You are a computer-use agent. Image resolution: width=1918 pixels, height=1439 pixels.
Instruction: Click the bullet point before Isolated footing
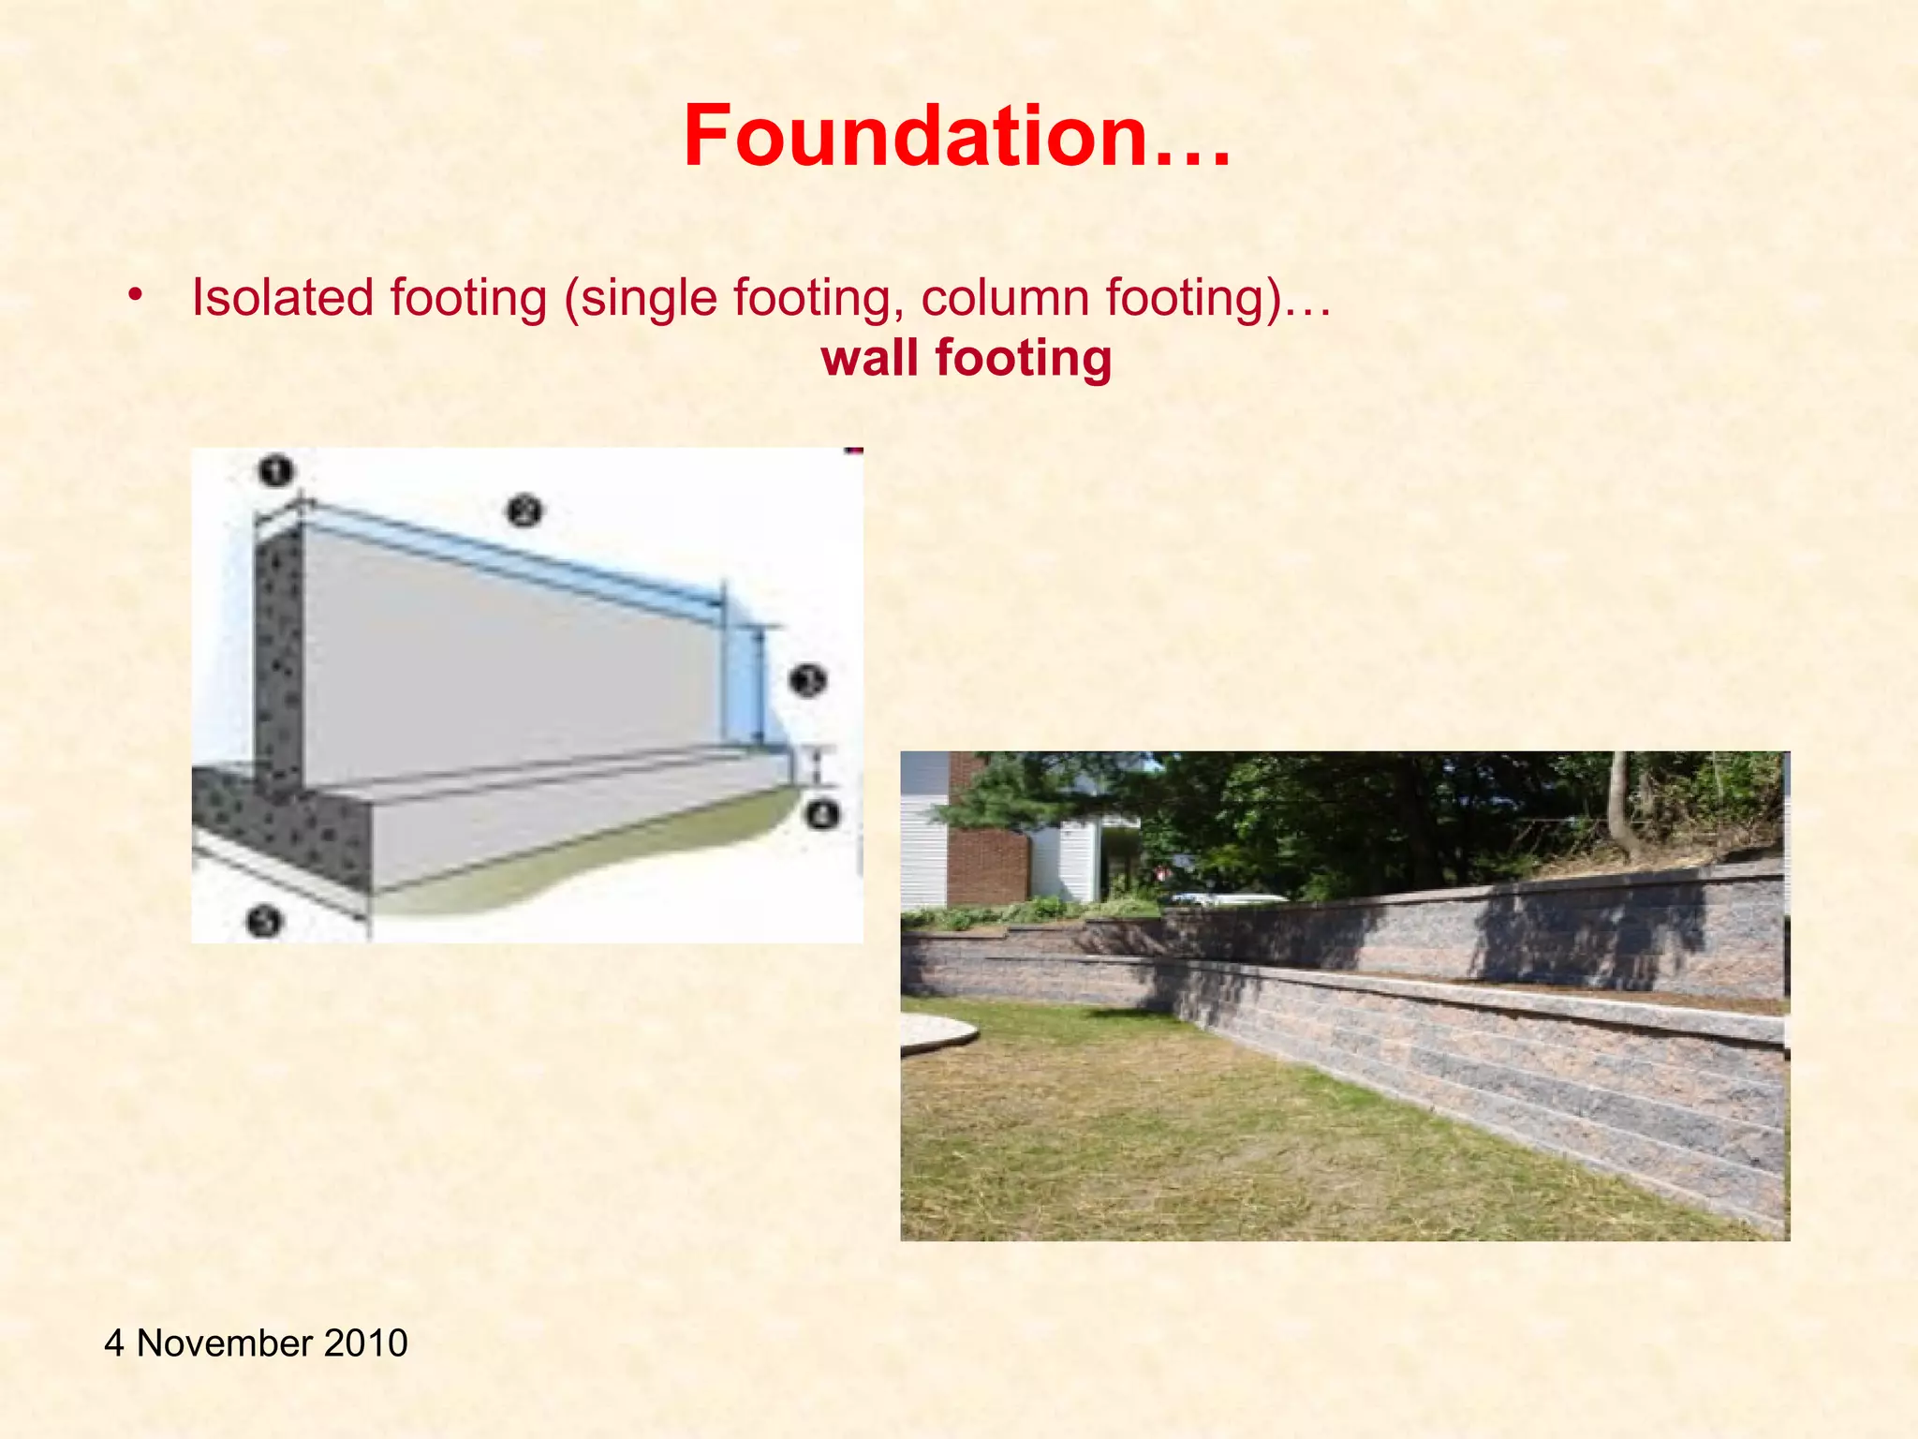pyautogui.click(x=137, y=296)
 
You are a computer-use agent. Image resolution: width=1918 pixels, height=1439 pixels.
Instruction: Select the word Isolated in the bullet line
pyautogui.click(x=283, y=298)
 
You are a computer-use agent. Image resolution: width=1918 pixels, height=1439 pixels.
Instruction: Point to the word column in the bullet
pyautogui.click(x=1005, y=298)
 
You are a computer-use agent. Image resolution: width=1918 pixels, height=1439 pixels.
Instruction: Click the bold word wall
pyautogui.click(x=869, y=358)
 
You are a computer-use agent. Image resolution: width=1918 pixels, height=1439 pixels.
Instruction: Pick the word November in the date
pyautogui.click(x=224, y=1343)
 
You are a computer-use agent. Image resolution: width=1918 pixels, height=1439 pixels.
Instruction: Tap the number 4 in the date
pyautogui.click(x=114, y=1343)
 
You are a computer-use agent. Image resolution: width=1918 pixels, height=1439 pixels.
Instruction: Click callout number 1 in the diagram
pyautogui.click(x=275, y=470)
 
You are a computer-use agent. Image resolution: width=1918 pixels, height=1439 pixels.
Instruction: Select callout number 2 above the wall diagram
pyautogui.click(x=524, y=512)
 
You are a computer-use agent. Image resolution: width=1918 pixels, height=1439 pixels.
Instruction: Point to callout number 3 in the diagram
pyautogui.click(x=807, y=679)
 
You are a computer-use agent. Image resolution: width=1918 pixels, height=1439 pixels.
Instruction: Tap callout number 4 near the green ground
pyautogui.click(x=821, y=813)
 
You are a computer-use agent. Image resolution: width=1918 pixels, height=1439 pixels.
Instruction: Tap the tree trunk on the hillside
pyautogui.click(x=1618, y=806)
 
